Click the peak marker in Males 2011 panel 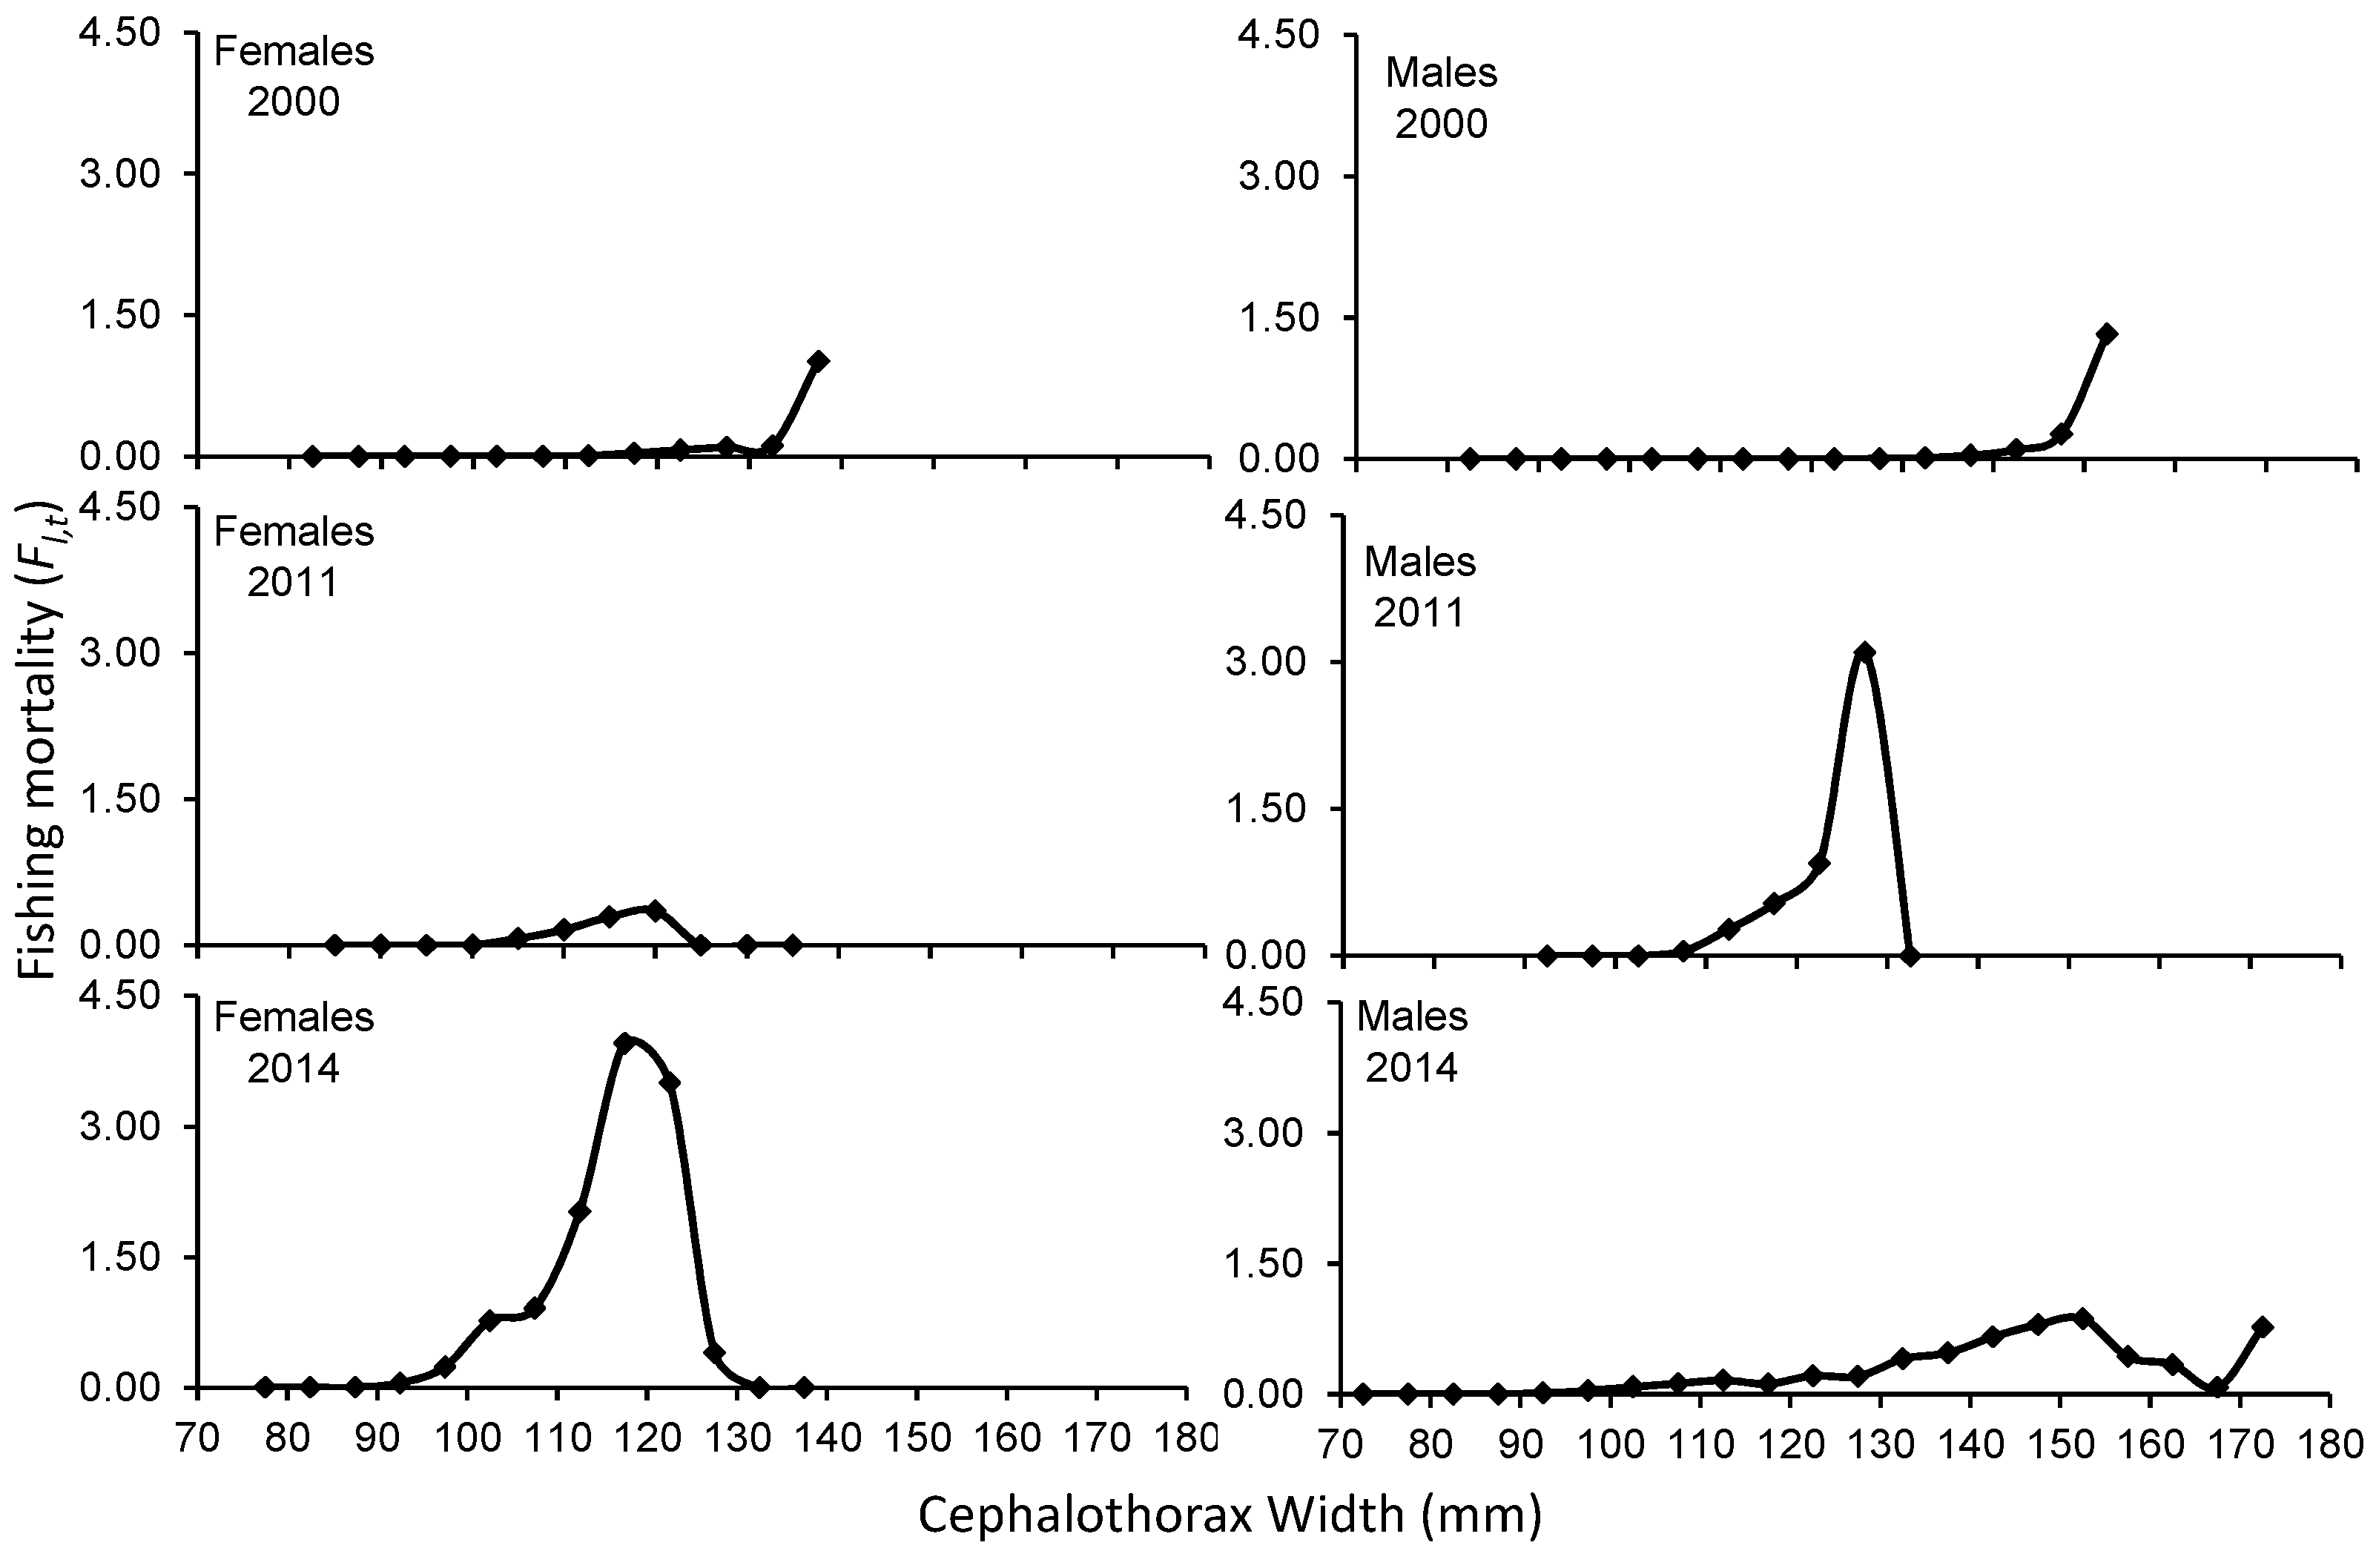(1864, 652)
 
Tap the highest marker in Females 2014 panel (626, 1042)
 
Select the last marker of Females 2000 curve (818, 361)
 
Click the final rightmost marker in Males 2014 (2263, 1326)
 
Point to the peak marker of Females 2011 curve (655, 909)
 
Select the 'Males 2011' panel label (1419, 587)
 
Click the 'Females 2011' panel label (294, 557)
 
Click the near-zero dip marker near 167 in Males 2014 (2217, 1387)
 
